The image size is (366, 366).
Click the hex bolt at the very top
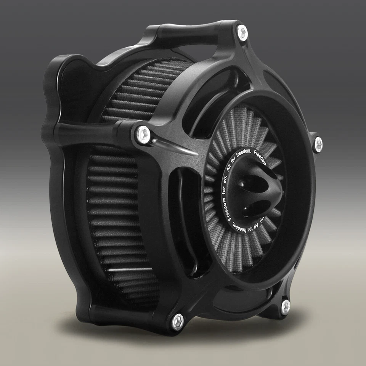[x=242, y=33]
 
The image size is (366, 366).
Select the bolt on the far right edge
[x=318, y=144]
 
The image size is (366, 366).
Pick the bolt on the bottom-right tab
[x=285, y=307]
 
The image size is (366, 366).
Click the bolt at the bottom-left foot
[x=178, y=322]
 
